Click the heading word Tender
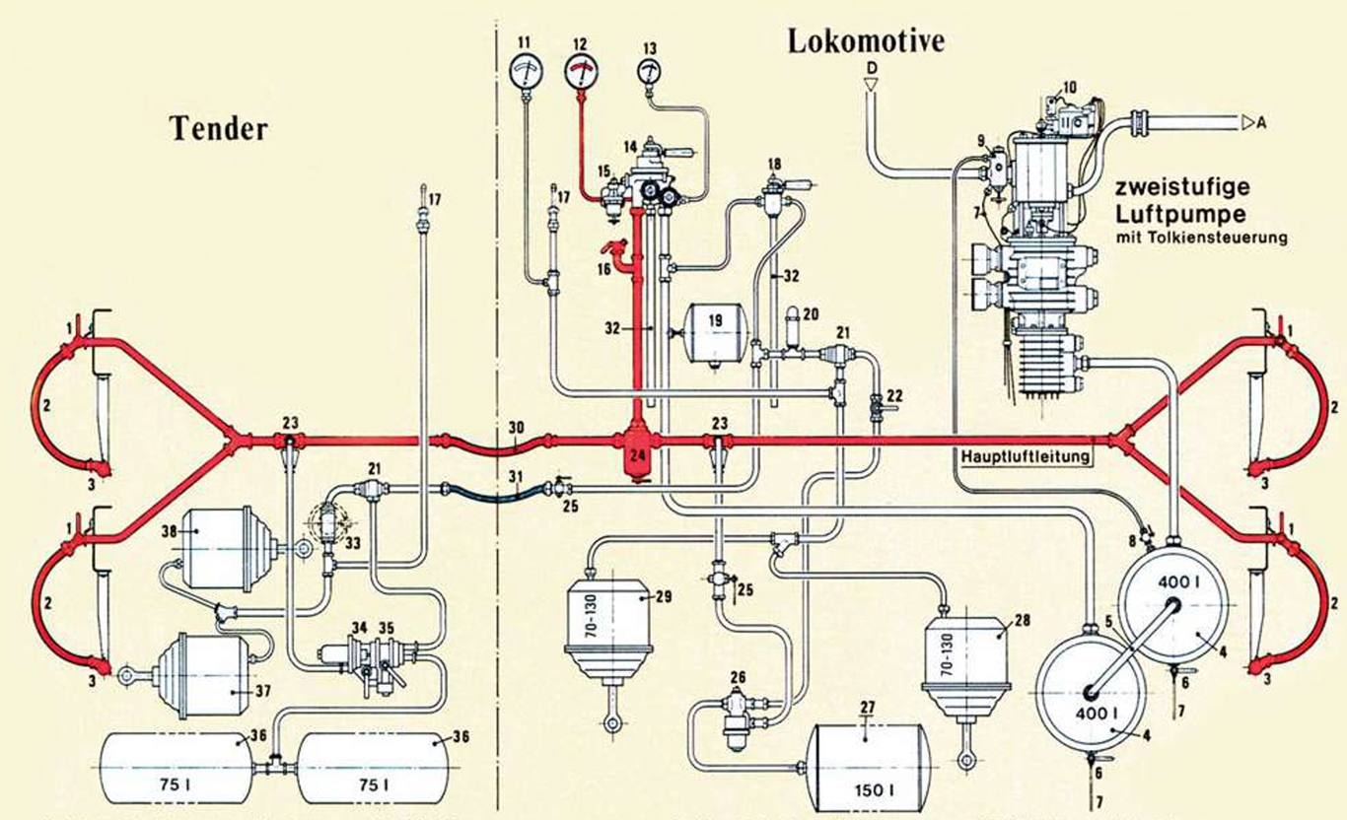219,128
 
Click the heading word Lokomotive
865,40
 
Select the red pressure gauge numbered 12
582,71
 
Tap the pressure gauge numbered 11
524,71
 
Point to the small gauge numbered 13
649,72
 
